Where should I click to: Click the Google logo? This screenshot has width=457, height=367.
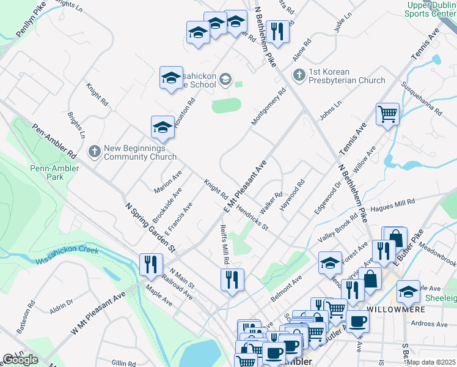tap(20, 360)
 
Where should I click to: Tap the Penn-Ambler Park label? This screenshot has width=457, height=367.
tap(46, 172)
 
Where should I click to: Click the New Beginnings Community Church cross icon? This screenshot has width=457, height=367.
tap(94, 150)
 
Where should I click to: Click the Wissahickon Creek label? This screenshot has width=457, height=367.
tap(67, 256)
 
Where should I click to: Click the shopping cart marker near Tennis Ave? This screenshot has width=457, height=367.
tap(387, 113)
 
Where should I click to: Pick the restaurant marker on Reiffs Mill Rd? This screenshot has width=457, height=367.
tap(232, 280)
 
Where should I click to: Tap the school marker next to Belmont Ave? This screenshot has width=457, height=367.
tap(330, 263)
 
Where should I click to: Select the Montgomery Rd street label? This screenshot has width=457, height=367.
tap(268, 108)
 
